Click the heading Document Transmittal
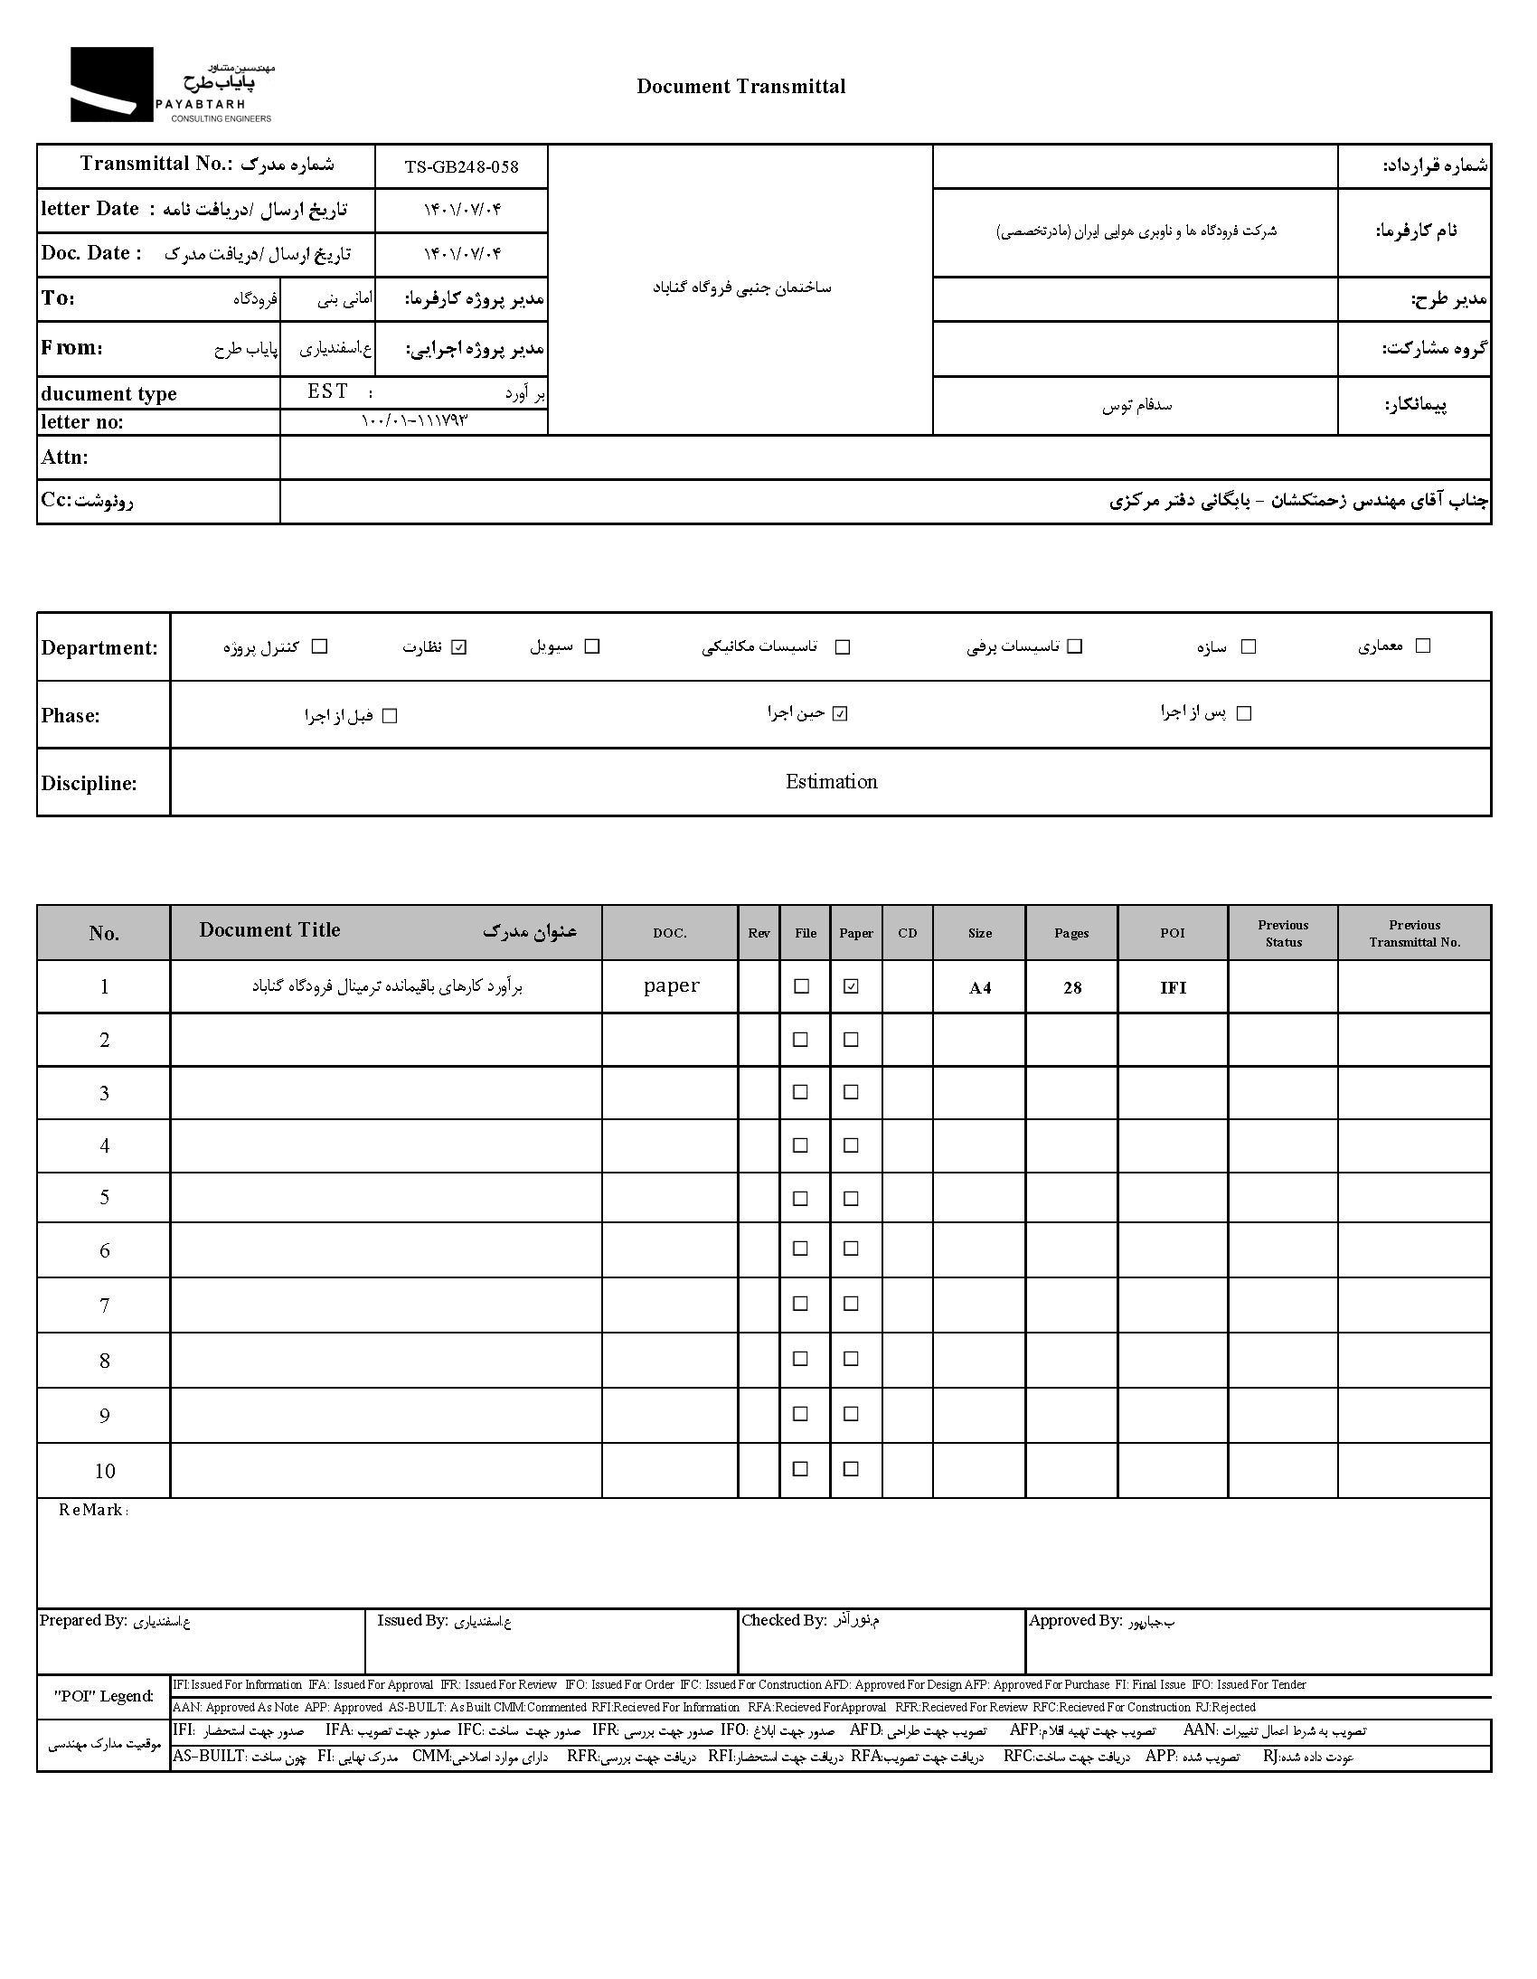[740, 87]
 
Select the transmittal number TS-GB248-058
[461, 166]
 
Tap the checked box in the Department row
[458, 647]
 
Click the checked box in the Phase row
[840, 714]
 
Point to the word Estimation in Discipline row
[831, 782]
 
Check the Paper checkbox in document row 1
[850, 986]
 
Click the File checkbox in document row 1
[801, 986]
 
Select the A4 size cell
[980, 988]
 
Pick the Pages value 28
[1072, 988]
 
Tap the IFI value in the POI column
[1173, 988]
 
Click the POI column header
[1172, 933]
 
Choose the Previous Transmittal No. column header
[1414, 933]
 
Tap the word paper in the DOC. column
[671, 985]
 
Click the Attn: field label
[64, 457]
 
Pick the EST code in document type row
[327, 391]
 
